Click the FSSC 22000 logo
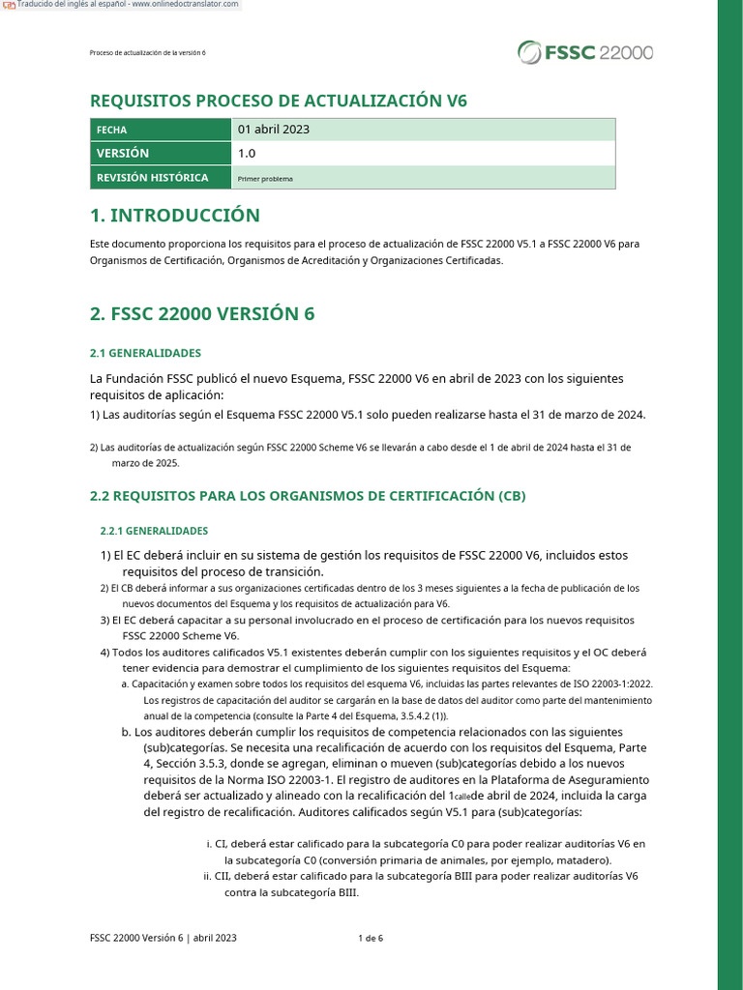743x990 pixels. pyautogui.click(x=584, y=51)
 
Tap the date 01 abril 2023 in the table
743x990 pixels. pyautogui.click(x=274, y=129)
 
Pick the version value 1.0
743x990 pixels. pyautogui.click(x=247, y=153)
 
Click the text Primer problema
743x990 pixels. pyautogui.click(x=265, y=179)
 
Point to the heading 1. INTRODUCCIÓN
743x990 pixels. pyautogui.click(x=175, y=215)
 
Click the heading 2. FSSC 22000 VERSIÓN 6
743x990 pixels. pyautogui.click(x=202, y=314)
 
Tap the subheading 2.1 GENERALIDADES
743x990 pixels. pyautogui.click(x=145, y=353)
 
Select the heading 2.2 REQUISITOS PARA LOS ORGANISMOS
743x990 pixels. pyautogui.click(x=308, y=496)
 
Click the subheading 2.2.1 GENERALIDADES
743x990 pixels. pyautogui.click(x=154, y=531)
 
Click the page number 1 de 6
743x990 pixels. pyautogui.click(x=371, y=938)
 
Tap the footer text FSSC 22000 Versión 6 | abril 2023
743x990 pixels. pyautogui.click(x=163, y=938)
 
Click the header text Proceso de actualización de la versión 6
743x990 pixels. pyautogui.click(x=147, y=52)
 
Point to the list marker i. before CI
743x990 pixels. pyautogui.click(x=209, y=844)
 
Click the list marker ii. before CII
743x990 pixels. pyautogui.click(x=207, y=877)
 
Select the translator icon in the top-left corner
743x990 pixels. pyautogui.click(x=9, y=6)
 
